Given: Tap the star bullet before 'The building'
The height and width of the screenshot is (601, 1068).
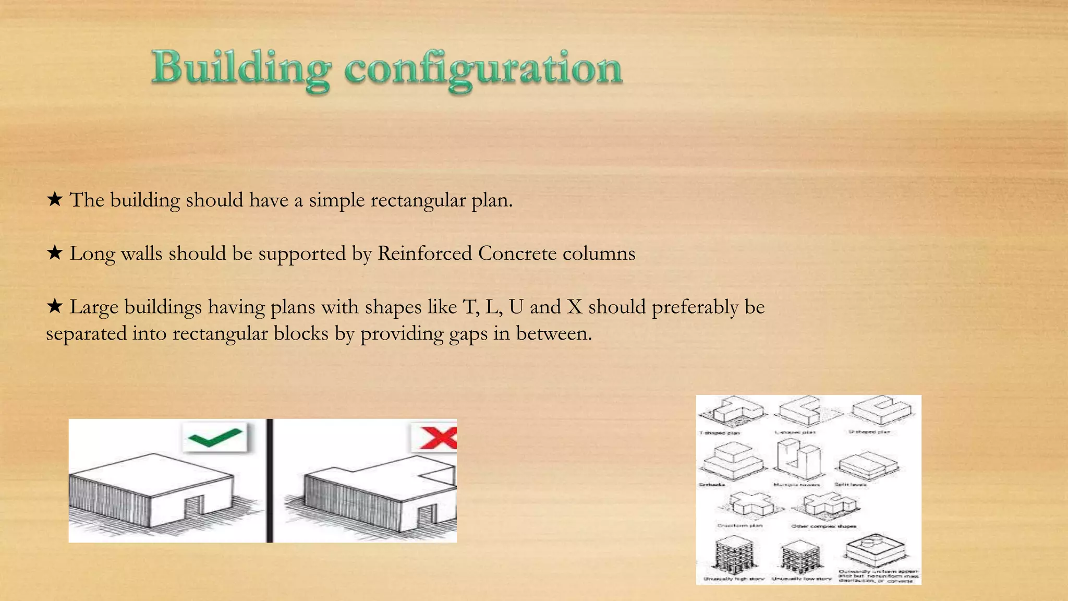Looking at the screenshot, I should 55,199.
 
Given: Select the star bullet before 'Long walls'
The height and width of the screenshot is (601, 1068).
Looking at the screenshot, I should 55,253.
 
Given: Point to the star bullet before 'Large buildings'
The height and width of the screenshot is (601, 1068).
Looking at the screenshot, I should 55,306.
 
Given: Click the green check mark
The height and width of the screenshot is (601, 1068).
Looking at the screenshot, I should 215,437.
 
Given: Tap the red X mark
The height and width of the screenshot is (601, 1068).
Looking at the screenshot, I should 437,437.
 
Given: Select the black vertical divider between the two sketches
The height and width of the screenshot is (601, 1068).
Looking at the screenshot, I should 270,480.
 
